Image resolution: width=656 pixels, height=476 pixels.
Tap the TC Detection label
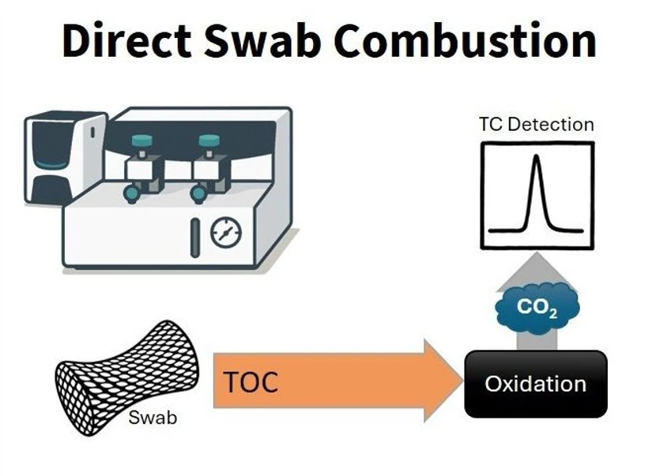point(536,124)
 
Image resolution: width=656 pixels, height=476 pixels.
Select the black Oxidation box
point(536,384)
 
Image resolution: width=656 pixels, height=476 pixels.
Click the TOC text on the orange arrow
point(251,383)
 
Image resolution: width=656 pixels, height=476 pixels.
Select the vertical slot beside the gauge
point(195,238)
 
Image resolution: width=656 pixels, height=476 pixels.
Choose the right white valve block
point(209,170)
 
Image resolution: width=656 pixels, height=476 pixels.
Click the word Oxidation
point(536,384)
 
